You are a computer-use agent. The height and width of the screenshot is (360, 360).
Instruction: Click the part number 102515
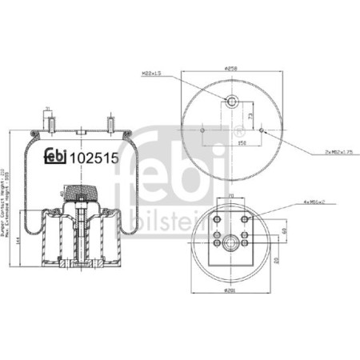coord(96,158)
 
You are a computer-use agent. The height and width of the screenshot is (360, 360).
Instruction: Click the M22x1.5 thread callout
coord(153,74)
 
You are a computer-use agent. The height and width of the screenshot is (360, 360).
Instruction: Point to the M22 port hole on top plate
coord(231,102)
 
